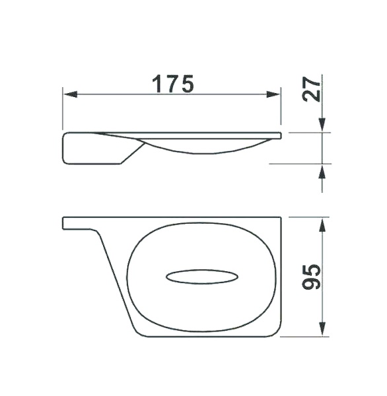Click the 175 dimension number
click(x=173, y=84)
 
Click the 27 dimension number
click(x=311, y=89)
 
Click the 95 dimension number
click(x=311, y=277)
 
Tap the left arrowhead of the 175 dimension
click(x=71, y=94)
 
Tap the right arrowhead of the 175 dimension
click(x=273, y=94)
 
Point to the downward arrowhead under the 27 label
click(x=322, y=125)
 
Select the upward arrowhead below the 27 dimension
click(x=322, y=172)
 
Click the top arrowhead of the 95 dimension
click(x=322, y=225)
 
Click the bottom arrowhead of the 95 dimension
click(x=322, y=329)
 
